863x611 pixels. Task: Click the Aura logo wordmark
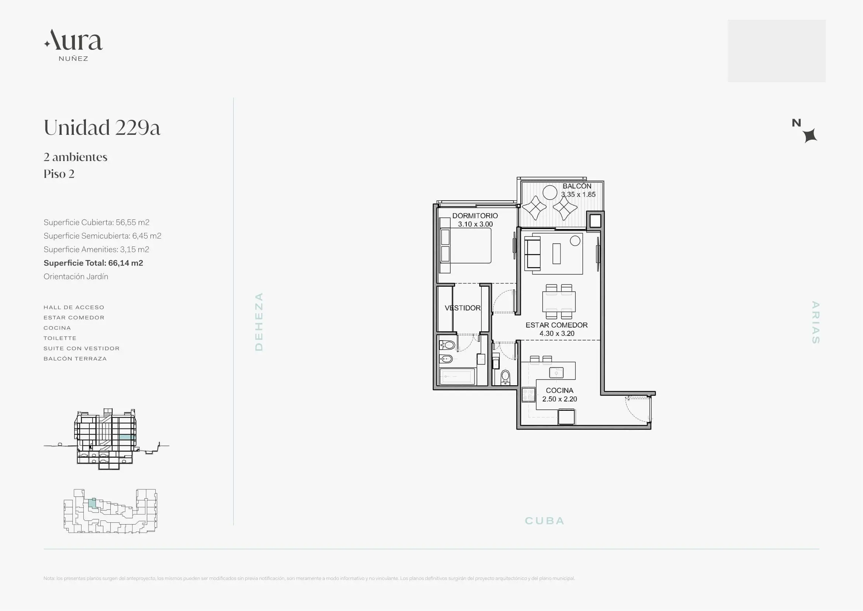click(73, 40)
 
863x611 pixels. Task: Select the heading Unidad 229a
click(102, 127)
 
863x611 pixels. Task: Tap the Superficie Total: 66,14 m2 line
click(93, 263)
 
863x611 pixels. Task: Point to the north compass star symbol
click(810, 136)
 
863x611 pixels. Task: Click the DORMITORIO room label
click(475, 216)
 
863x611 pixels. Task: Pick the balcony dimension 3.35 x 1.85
click(579, 195)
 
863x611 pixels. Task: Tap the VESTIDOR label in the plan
click(463, 308)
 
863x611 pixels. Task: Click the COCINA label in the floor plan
click(560, 390)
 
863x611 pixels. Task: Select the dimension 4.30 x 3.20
click(557, 333)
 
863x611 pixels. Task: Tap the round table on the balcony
click(550, 192)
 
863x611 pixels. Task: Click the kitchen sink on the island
click(556, 372)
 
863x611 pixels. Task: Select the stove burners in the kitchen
click(528, 395)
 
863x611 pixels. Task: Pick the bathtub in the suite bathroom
click(457, 376)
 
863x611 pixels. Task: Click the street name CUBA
click(545, 521)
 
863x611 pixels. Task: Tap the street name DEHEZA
click(259, 322)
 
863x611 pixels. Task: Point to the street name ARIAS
click(815, 322)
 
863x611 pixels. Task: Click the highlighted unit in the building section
click(127, 437)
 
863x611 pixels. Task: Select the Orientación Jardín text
click(76, 277)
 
